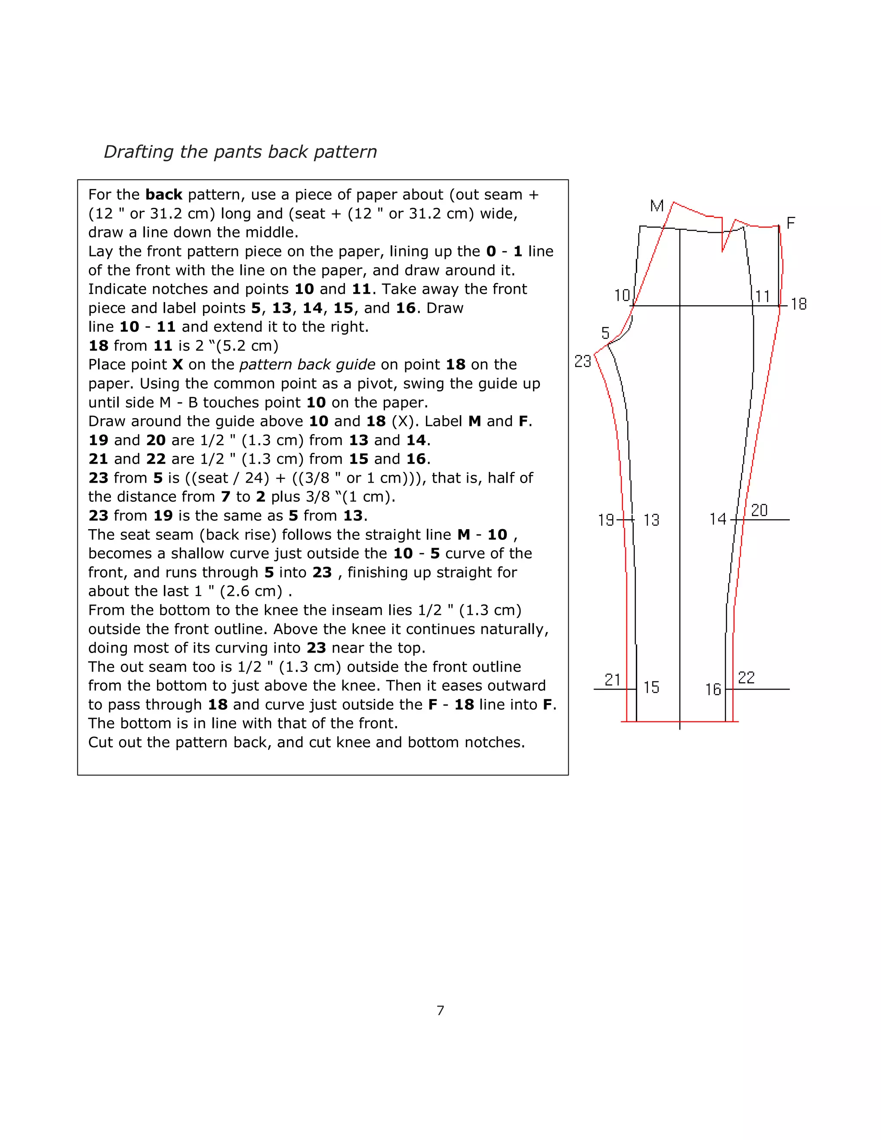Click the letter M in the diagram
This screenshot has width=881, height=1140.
[656, 206]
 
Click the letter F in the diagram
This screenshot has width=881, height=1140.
[791, 223]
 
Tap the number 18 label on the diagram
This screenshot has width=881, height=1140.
[798, 304]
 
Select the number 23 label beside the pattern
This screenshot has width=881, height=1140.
[582, 361]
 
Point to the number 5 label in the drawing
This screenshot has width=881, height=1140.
[605, 333]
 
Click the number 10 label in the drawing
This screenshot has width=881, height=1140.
[622, 296]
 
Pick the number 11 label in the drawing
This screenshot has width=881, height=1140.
[763, 296]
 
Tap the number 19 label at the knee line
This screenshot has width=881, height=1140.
[606, 520]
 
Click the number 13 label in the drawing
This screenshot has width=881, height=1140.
[651, 520]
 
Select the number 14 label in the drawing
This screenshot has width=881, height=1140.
[718, 519]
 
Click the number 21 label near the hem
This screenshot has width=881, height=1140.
[612, 680]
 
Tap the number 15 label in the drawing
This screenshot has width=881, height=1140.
[651, 687]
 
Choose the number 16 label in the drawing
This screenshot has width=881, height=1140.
[713, 690]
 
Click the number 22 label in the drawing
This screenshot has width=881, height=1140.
[746, 678]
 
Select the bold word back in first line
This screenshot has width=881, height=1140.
[163, 195]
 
